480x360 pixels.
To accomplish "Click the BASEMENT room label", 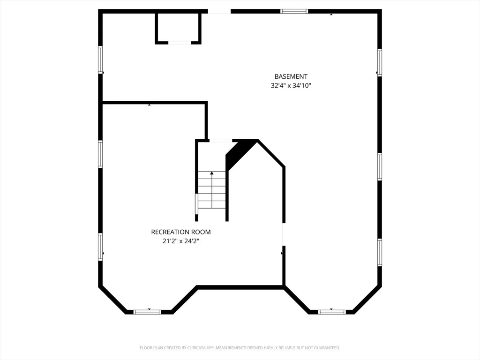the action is pos(291,76).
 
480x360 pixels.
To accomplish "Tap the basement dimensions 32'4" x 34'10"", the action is pos(291,85).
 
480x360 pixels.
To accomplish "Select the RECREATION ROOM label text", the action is pos(181,232).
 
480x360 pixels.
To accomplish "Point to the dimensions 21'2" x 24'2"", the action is pos(181,241).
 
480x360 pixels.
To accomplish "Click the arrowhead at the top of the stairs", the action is pos(212,173).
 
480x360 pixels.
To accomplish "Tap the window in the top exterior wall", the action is pos(294,11).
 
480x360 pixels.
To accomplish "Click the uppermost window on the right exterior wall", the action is pos(380,62).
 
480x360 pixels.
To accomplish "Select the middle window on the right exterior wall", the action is pos(380,166).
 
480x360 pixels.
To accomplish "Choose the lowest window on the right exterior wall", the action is pos(380,253).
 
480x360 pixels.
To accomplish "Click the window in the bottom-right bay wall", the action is pos(332,312).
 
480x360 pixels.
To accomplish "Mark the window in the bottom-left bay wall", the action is pos(147,312).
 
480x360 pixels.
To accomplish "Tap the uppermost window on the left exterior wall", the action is pos(100,60).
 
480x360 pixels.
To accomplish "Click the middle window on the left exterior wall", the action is pos(100,154).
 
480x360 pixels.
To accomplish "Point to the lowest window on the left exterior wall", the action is pos(100,247).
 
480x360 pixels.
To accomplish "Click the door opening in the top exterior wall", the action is pos(219,12).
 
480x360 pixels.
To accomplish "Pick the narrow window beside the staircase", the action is pos(196,204).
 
